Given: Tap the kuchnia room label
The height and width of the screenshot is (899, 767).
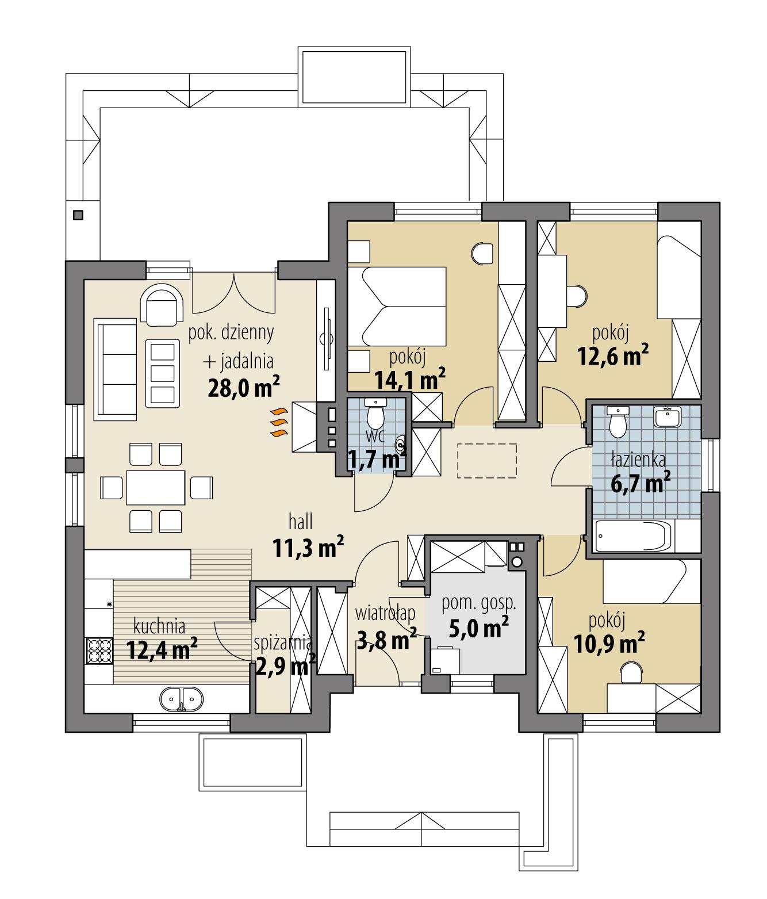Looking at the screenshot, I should (159, 625).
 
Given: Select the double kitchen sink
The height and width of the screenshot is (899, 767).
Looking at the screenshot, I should (181, 699).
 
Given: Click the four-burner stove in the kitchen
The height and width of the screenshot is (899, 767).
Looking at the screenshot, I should (99, 651).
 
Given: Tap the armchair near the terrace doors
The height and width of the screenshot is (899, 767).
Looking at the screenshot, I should (163, 305).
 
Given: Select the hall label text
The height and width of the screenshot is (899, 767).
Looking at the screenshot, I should (301, 522).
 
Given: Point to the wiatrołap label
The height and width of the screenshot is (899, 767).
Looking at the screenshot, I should (385, 614).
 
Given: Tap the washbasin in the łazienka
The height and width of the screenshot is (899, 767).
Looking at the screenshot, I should (667, 417).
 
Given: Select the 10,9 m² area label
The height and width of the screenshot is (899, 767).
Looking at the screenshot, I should (609, 644).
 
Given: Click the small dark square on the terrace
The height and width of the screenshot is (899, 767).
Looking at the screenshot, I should (78, 215).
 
